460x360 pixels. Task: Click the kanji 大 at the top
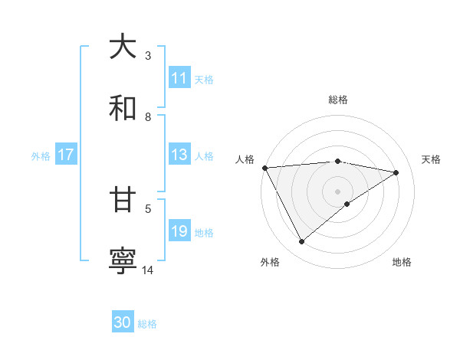123,47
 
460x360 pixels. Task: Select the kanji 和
123,109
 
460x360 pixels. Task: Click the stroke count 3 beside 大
148,56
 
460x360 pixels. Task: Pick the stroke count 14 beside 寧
148,270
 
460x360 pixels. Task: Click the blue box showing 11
179,78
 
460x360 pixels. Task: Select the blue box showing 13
179,155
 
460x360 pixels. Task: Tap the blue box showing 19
179,231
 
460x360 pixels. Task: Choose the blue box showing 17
66,155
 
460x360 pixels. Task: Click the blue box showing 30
123,322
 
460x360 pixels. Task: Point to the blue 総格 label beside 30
147,324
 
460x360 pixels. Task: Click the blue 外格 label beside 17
41,156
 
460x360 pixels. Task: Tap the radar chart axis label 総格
337,100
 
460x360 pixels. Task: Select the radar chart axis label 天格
432,159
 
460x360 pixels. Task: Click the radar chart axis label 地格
402,263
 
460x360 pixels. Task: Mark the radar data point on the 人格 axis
264,168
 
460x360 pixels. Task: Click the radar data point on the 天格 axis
396,172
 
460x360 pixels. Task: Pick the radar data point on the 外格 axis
301,241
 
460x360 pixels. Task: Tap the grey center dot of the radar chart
337,191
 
